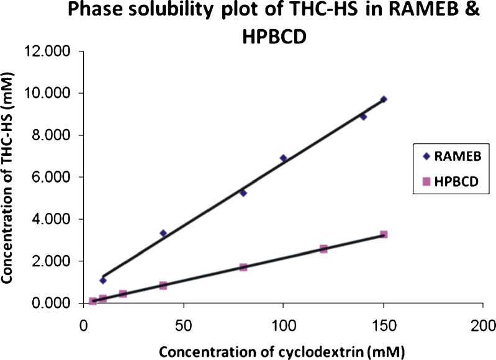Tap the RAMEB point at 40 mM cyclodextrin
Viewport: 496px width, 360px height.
pos(163,233)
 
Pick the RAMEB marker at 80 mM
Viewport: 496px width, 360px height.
pos(243,193)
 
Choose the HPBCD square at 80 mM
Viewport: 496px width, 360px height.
pos(243,267)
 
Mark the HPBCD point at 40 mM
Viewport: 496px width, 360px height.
pos(163,286)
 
